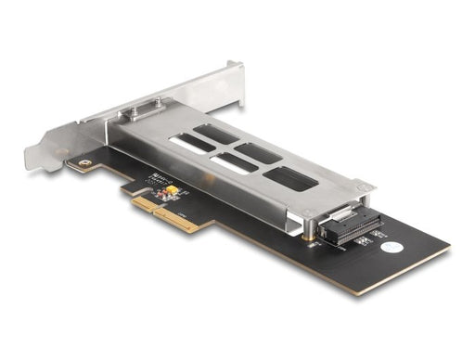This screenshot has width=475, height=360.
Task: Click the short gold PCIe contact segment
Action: (x=142, y=202)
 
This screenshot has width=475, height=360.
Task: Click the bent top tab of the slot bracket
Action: (x=233, y=71)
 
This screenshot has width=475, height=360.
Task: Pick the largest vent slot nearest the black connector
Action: (x=289, y=178)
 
